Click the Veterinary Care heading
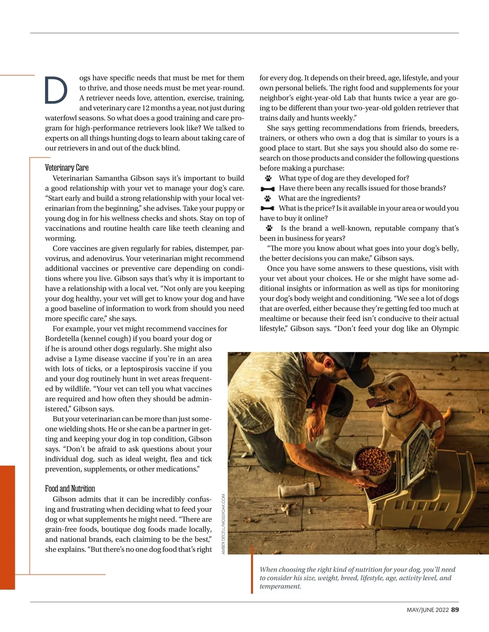[x=67, y=167]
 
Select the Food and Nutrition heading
[x=70, y=489]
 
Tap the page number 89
[x=455, y=610]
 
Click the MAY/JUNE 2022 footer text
[x=427, y=610]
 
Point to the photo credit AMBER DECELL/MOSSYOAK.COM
[x=223, y=524]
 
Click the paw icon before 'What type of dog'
[x=268, y=178]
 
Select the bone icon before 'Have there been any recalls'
[x=267, y=189]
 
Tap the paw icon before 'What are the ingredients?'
[x=267, y=198]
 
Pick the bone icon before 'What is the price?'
[x=267, y=208]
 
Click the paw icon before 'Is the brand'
[x=269, y=228]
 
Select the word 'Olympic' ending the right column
[x=445, y=328]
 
